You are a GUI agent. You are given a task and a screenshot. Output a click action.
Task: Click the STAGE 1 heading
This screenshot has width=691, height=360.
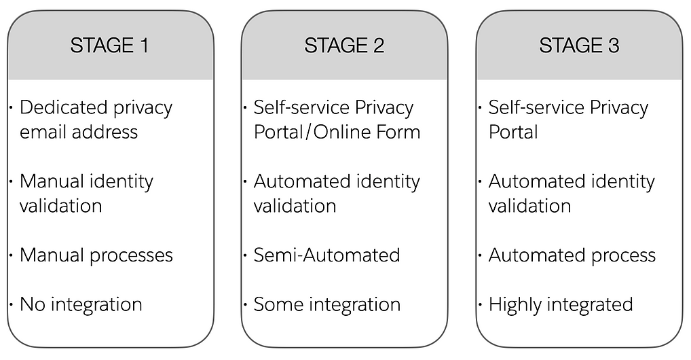pyautogui.click(x=109, y=46)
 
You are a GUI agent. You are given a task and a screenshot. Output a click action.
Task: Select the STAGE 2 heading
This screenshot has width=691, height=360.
pyautogui.click(x=344, y=46)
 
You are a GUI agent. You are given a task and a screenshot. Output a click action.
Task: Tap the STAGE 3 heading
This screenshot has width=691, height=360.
pyautogui.click(x=579, y=46)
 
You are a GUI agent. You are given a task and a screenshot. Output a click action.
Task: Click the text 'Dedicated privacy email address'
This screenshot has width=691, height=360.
pyautogui.click(x=96, y=120)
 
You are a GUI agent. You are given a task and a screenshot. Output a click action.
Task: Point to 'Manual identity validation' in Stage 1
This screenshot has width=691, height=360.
pyautogui.click(x=86, y=194)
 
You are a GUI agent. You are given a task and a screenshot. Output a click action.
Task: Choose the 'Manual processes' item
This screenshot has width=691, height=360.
pyautogui.click(x=96, y=255)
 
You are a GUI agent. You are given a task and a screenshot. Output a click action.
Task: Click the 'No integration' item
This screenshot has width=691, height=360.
pyautogui.click(x=81, y=304)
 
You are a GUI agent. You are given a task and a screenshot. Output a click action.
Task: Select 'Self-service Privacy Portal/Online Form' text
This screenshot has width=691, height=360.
pyautogui.click(x=337, y=120)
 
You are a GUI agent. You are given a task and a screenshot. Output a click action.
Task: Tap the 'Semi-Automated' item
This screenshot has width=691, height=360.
pyautogui.click(x=326, y=255)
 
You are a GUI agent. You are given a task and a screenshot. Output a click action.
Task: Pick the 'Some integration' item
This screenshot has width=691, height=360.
pyautogui.click(x=326, y=304)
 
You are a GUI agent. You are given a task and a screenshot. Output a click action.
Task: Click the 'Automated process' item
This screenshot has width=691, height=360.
pyautogui.click(x=572, y=255)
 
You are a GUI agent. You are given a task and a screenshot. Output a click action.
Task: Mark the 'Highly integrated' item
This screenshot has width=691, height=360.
pyautogui.click(x=561, y=304)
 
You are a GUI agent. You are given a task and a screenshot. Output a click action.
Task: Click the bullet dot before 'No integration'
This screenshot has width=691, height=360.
pyautogui.click(x=12, y=304)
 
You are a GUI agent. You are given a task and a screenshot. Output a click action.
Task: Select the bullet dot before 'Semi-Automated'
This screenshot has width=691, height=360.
pyautogui.click(x=246, y=255)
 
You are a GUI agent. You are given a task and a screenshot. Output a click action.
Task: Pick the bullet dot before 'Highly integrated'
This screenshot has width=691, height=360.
pyautogui.click(x=481, y=304)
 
